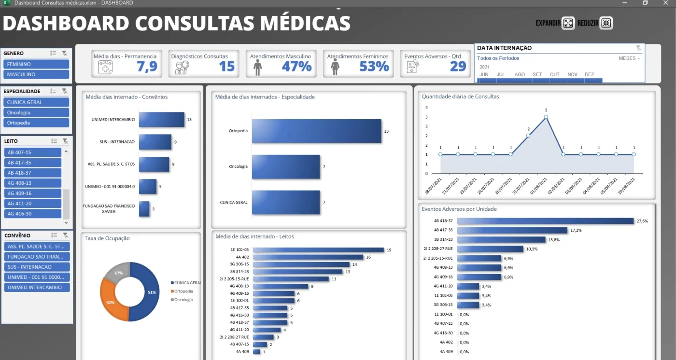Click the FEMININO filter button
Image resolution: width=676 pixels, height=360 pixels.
point(36,64)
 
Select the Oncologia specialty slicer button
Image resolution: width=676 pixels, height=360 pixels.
point(36,112)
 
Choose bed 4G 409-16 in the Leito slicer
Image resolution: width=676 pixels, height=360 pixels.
point(33,193)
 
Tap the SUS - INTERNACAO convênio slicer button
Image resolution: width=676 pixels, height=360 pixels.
point(37,267)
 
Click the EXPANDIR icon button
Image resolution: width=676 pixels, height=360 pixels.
point(568,23)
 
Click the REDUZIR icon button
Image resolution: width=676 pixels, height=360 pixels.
point(606,23)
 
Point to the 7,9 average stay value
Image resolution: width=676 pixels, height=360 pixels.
point(147,66)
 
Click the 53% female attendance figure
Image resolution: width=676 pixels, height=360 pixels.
point(374,66)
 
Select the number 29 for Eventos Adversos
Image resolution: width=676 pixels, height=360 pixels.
point(458,66)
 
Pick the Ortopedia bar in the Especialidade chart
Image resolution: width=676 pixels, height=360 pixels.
point(317,131)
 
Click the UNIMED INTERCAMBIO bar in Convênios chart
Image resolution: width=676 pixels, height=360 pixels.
point(162,119)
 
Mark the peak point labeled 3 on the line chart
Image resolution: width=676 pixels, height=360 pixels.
point(546,117)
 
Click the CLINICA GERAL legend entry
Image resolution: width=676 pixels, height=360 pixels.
point(186,283)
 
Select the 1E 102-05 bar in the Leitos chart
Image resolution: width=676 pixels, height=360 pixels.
point(318,250)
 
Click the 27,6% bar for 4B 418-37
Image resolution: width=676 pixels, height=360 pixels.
point(545,221)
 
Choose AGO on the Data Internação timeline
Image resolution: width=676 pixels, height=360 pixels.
point(520,74)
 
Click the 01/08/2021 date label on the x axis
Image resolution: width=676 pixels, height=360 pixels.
point(539,186)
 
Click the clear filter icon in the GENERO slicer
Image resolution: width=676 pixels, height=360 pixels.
point(65,54)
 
